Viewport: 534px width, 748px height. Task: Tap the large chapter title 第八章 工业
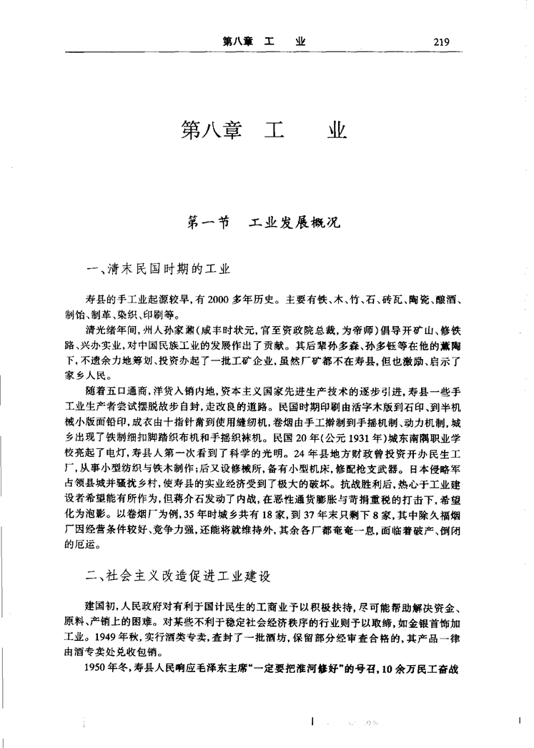click(264, 131)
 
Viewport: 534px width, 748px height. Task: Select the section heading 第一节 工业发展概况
click(264, 222)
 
